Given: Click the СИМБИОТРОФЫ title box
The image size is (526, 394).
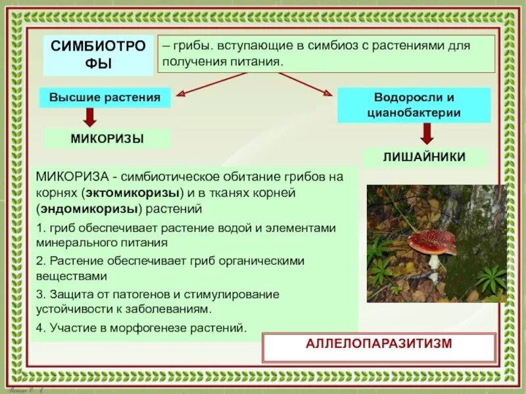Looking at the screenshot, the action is [x=99, y=55].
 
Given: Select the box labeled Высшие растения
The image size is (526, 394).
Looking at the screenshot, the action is [x=105, y=98].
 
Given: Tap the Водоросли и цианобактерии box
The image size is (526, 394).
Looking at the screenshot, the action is [x=414, y=105].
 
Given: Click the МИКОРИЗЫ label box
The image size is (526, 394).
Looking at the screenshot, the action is [x=107, y=139].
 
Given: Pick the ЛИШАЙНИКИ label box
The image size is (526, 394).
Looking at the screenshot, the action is [x=424, y=157].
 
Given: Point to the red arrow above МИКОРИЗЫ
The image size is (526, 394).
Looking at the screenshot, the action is [x=90, y=117].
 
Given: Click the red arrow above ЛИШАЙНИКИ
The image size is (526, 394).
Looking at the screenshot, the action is [x=426, y=133].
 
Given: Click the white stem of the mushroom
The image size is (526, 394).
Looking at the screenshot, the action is [x=434, y=263].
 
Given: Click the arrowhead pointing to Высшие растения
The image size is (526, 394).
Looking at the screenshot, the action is [x=181, y=93].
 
